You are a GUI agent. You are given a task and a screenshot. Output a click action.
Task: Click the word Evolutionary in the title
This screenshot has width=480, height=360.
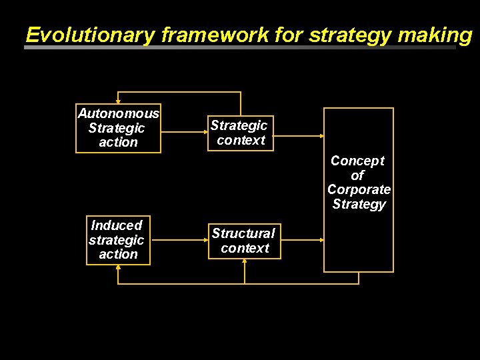89,35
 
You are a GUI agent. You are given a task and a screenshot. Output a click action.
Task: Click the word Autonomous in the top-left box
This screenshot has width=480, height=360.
119,113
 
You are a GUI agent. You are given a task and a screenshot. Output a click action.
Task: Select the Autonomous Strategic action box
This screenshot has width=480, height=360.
119,128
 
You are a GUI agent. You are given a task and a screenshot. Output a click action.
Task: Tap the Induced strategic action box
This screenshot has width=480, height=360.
118,240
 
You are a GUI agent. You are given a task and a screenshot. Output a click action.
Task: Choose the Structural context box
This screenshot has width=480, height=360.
244,241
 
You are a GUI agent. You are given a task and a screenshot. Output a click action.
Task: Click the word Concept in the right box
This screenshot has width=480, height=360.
358,161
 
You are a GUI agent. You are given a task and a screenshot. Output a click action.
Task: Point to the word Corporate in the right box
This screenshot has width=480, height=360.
359,189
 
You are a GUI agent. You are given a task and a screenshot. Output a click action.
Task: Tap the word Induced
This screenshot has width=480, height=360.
117,225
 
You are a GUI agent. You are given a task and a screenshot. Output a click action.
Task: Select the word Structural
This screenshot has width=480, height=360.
243,233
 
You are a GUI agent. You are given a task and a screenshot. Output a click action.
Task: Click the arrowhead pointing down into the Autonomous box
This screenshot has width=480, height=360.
118,101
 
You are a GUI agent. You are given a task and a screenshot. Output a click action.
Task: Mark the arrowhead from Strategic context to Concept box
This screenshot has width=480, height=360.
320,136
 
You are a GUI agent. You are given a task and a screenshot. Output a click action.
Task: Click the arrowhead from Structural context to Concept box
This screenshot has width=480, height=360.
320,238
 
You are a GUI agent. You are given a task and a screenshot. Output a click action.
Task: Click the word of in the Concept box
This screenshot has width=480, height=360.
358,175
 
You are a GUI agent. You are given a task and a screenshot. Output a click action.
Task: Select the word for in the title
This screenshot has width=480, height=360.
289,35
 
